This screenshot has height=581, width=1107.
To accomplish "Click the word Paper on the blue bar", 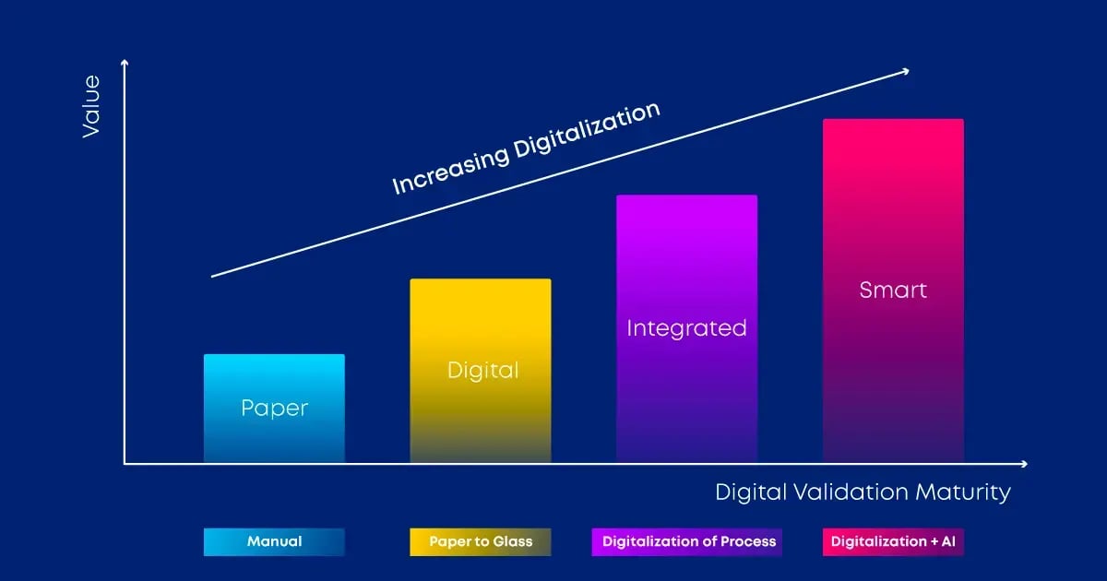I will point(274,408).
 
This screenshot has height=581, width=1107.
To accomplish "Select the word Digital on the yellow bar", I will point(482,370).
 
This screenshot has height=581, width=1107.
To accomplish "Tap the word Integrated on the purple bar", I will point(686,327).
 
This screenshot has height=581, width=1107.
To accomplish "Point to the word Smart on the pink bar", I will point(892,290).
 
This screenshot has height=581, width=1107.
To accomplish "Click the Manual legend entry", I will point(274,541).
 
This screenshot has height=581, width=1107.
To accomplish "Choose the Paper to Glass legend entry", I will point(480,541).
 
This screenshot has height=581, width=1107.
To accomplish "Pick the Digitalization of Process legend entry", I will point(688,541).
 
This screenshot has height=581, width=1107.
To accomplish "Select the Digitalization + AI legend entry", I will point(892,541).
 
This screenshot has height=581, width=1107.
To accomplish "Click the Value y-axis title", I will point(90,107).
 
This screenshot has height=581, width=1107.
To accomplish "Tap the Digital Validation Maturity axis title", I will point(863,492).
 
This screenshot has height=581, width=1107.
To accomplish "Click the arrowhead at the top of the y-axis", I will point(125,62).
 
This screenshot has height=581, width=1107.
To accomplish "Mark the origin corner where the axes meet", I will point(125,464).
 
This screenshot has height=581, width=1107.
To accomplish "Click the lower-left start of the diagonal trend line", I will point(213,276).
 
